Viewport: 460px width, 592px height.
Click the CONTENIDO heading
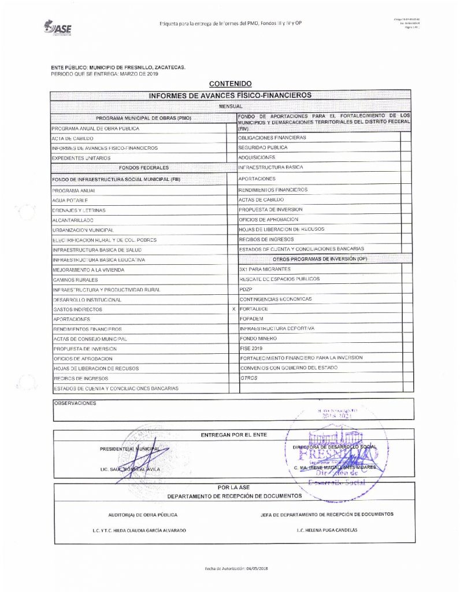click(229, 84)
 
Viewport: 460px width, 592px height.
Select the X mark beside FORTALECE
click(233, 309)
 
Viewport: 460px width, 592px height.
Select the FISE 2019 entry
click(251, 349)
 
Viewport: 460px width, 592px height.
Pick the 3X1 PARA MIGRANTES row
click(265, 269)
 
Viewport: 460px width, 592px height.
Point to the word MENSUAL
click(230, 107)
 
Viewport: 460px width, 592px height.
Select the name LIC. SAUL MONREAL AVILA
click(137, 468)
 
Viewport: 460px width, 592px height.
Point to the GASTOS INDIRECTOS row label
click(77, 310)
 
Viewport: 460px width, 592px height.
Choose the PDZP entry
click(246, 288)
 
